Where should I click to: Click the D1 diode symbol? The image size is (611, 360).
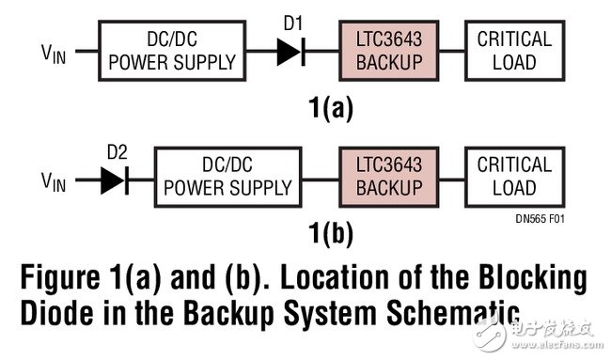click(x=291, y=52)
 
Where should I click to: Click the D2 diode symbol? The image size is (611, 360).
click(x=114, y=177)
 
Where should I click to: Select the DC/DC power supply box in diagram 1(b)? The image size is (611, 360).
click(x=227, y=177)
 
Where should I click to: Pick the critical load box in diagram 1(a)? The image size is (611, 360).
click(x=514, y=52)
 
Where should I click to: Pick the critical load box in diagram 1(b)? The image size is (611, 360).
click(x=514, y=177)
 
